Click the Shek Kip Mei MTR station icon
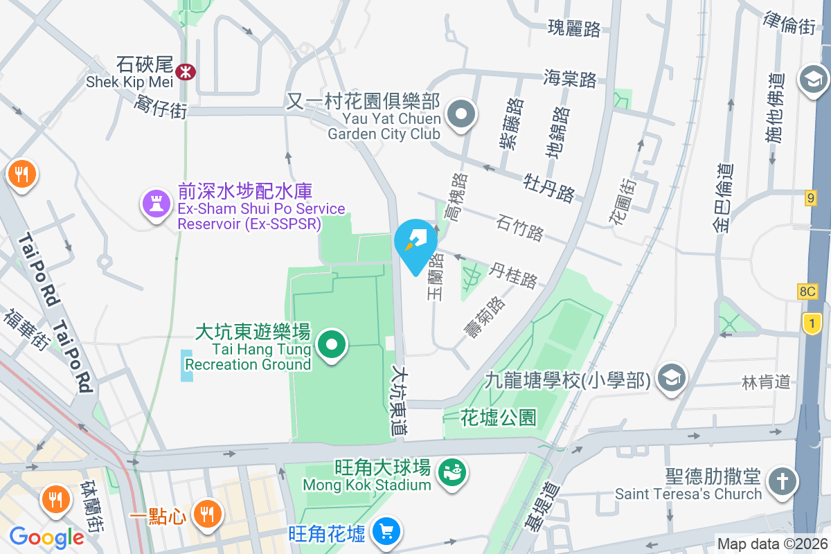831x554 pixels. coord(186,71)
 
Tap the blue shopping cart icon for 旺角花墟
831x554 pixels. coord(386,533)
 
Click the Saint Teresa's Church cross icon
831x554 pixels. coord(782,483)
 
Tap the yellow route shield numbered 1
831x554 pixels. coord(811,323)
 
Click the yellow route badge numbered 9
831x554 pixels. coord(811,199)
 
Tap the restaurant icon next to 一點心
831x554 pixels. coord(206,515)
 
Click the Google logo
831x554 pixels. coord(46,537)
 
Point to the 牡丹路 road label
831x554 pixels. coord(549,186)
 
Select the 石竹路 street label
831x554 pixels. coord(520,227)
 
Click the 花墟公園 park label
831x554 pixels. coord(499,417)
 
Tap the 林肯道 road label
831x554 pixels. coord(766,382)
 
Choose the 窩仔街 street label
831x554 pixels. coord(161,107)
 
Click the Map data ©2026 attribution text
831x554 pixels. coord(772,544)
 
